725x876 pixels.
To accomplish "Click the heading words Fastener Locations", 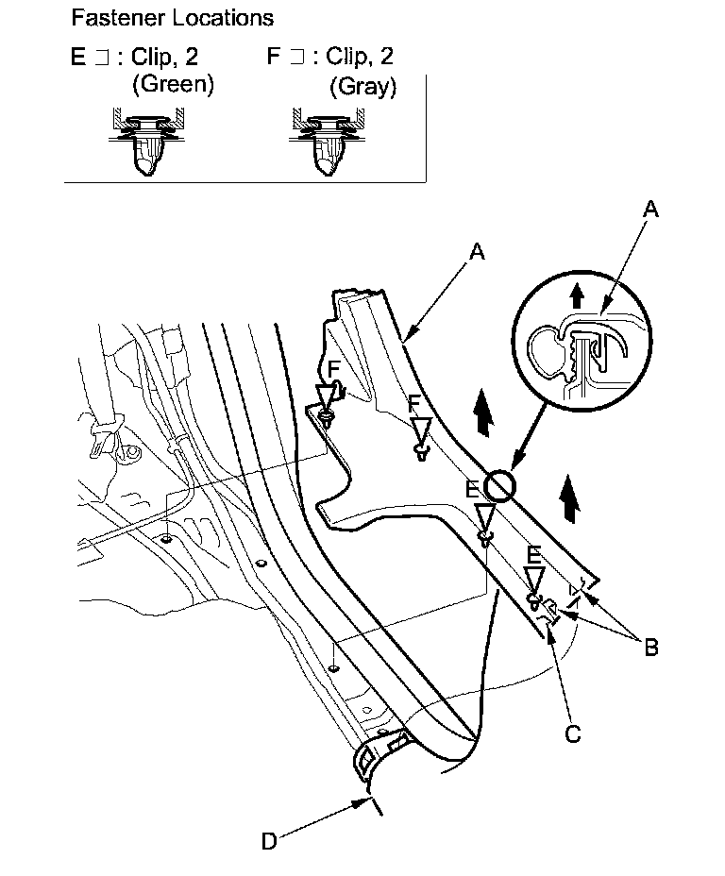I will (172, 18).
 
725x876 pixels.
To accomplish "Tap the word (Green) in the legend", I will (173, 84).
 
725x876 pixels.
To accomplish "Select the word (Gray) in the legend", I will (363, 87).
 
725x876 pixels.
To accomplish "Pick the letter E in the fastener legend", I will (77, 57).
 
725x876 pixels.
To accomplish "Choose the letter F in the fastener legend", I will (274, 57).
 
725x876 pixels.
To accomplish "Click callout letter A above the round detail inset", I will (649, 210).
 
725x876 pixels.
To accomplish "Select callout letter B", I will (651, 648).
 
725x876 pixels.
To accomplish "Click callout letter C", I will (573, 732).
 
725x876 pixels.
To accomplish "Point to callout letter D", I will (269, 841).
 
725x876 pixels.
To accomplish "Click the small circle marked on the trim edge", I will (499, 487).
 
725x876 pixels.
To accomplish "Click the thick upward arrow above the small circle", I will (483, 414).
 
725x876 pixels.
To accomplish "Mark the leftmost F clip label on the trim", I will (332, 367).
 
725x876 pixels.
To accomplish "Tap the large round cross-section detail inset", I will (582, 344).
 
